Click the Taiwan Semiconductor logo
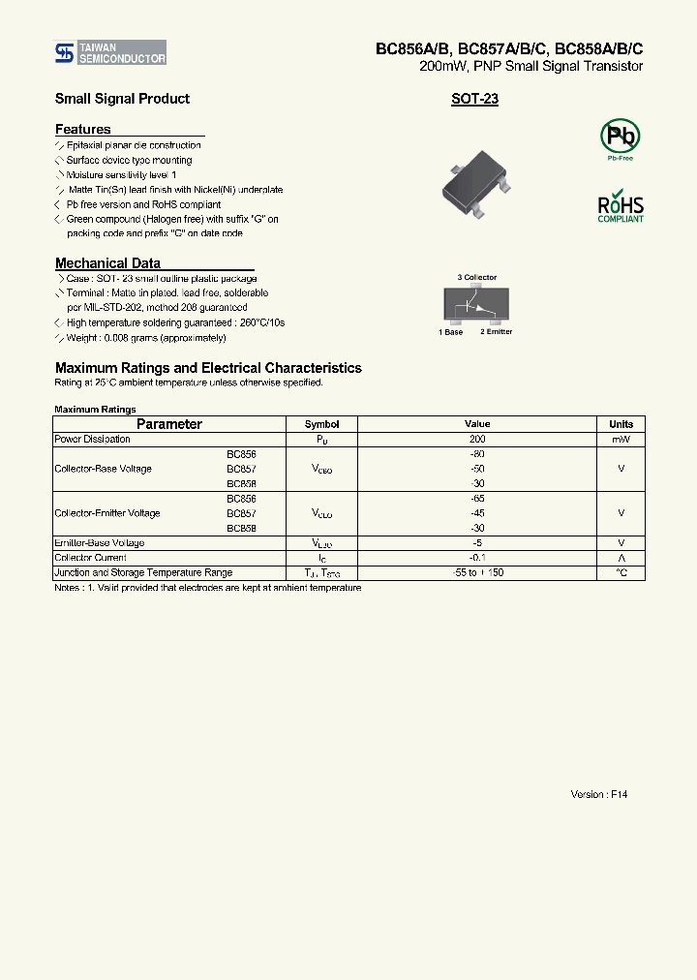point(109,52)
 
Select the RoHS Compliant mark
point(620,206)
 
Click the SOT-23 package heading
point(474,99)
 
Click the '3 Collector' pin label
point(476,278)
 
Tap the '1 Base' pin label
point(450,332)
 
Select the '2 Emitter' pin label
point(496,332)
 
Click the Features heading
point(83,129)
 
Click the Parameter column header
point(169,424)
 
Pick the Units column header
point(621,424)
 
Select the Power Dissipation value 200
point(477,440)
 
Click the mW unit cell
point(621,440)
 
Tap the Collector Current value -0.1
point(477,558)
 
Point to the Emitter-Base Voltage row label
point(100,543)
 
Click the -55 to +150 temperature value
point(477,573)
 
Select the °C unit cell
point(621,573)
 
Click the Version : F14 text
point(599,794)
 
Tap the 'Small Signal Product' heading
point(122,99)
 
